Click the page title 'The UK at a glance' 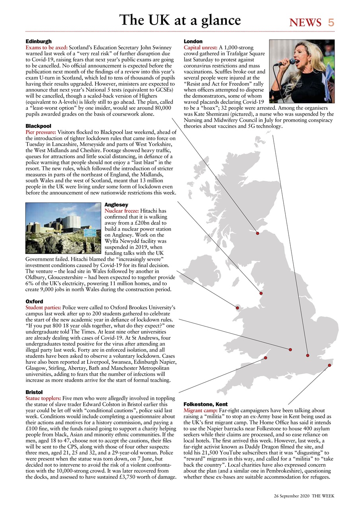(x=180, y=20)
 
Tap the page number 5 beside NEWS (x=331, y=23)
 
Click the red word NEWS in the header (x=306, y=23)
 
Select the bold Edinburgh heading (x=39, y=41)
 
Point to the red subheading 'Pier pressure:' (x=41, y=132)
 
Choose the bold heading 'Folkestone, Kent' (x=205, y=404)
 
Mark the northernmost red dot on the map (x=258, y=233)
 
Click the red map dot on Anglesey (x=237, y=308)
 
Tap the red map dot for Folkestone (x=329, y=365)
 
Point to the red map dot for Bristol (x=266, y=358)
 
